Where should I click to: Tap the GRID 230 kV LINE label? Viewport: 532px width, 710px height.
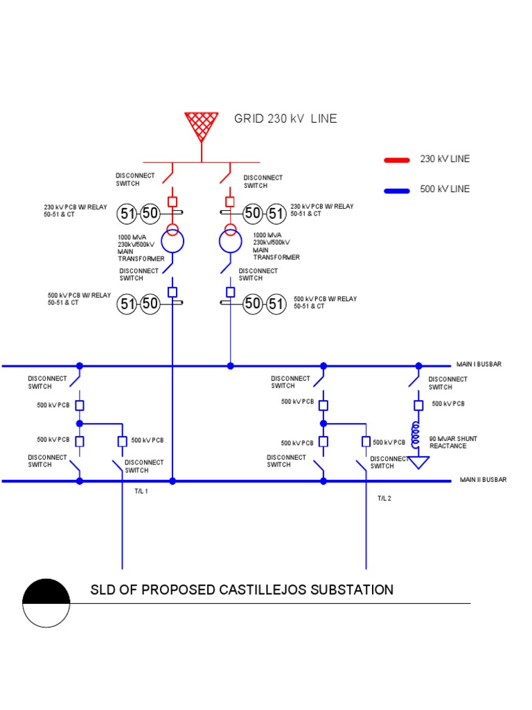pyautogui.click(x=285, y=119)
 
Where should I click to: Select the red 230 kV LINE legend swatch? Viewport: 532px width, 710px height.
pyautogui.click(x=398, y=159)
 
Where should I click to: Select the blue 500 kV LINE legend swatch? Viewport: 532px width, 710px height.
pyautogui.click(x=398, y=189)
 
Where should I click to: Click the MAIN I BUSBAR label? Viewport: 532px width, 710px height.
pyautogui.click(x=479, y=364)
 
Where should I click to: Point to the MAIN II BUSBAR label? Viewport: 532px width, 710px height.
pyautogui.click(x=484, y=480)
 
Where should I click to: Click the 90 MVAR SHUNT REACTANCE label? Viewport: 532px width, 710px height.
pyautogui.click(x=453, y=442)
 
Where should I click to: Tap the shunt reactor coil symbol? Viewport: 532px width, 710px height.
pyautogui.click(x=417, y=435)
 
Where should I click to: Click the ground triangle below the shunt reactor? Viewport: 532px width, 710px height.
pyautogui.click(x=418, y=461)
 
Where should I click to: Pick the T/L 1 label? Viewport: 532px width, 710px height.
pyautogui.click(x=141, y=491)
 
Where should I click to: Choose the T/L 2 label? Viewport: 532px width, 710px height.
pyautogui.click(x=384, y=498)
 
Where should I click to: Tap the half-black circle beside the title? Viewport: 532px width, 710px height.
pyautogui.click(x=46, y=603)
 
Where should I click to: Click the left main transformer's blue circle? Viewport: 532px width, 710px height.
pyautogui.click(x=172, y=242)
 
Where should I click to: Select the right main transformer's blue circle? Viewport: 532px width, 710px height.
pyautogui.click(x=230, y=243)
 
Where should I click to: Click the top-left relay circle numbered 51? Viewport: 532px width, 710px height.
pyautogui.click(x=126, y=214)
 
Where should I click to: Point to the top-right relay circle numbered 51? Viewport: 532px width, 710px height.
pyautogui.click(x=276, y=214)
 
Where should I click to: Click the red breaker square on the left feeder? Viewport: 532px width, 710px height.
pyautogui.click(x=172, y=202)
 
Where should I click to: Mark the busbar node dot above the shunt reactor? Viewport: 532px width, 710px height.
pyautogui.click(x=418, y=365)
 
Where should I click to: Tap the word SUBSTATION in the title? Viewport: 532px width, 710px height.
pyautogui.click(x=351, y=590)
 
